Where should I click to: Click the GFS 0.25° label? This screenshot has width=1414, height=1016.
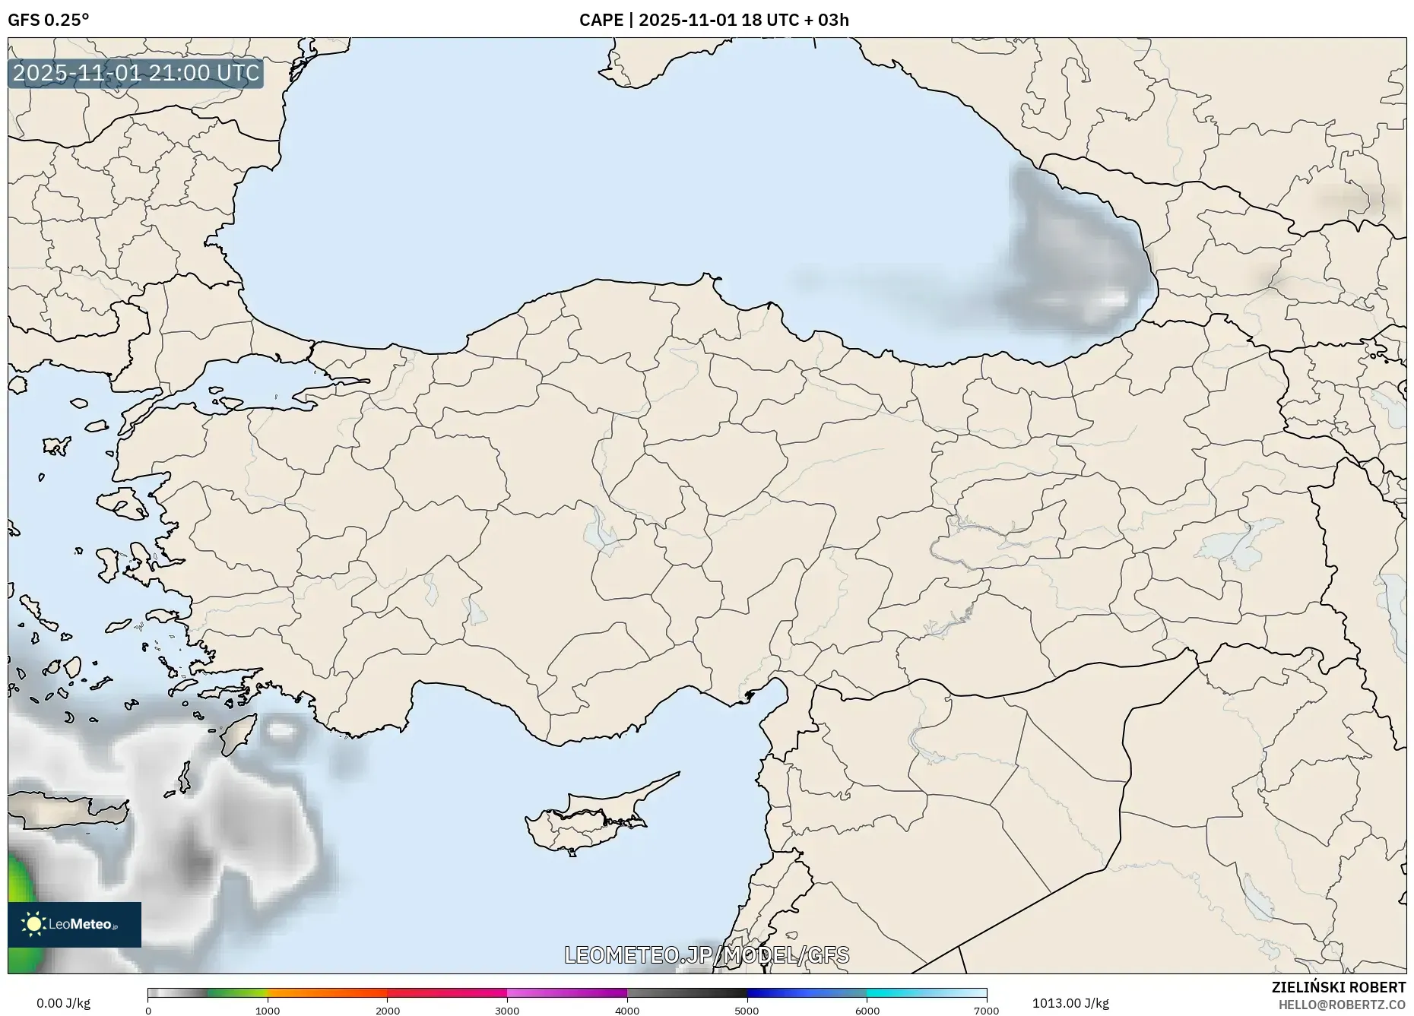(48, 20)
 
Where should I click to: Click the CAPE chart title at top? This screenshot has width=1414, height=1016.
(713, 20)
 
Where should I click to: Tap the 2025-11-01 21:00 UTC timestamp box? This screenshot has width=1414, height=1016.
(136, 73)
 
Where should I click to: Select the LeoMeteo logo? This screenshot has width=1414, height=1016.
(74, 924)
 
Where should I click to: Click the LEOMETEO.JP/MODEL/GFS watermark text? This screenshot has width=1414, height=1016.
(706, 954)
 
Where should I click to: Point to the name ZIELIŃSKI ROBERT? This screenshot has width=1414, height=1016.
(1338, 987)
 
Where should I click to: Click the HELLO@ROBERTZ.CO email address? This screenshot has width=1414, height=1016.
(1341, 1005)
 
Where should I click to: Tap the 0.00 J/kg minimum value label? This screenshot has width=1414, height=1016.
(63, 1003)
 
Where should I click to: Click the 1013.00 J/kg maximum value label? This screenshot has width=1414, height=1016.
(1070, 1003)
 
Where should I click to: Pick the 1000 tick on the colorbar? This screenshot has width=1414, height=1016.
(268, 1010)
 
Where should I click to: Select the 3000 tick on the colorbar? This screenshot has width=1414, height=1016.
(507, 1010)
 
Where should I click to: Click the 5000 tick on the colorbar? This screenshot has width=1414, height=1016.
(747, 1010)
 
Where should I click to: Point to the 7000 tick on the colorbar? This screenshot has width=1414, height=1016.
(986, 1010)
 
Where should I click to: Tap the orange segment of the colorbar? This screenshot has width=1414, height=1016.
(327, 992)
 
